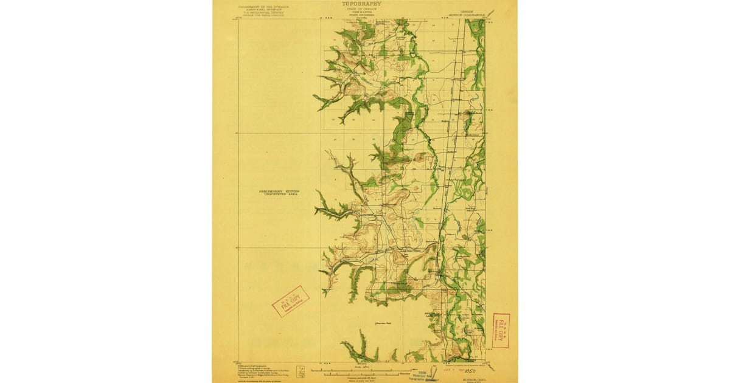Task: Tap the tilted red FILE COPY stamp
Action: pyautogui.click(x=291, y=302)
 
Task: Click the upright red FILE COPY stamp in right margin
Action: pyautogui.click(x=500, y=331)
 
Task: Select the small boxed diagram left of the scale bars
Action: pyautogui.click(x=300, y=369)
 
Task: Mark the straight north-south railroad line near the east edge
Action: pyautogui.click(x=448, y=182)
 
